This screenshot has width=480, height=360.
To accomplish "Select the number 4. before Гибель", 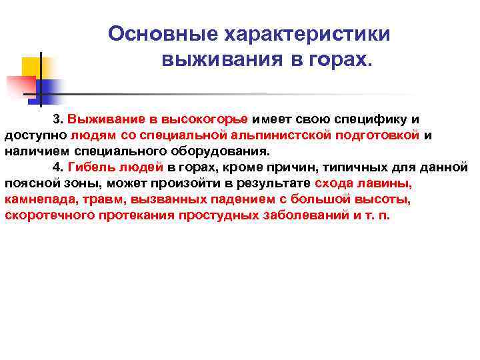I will (58, 167).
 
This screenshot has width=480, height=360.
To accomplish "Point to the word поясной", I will (27, 183).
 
